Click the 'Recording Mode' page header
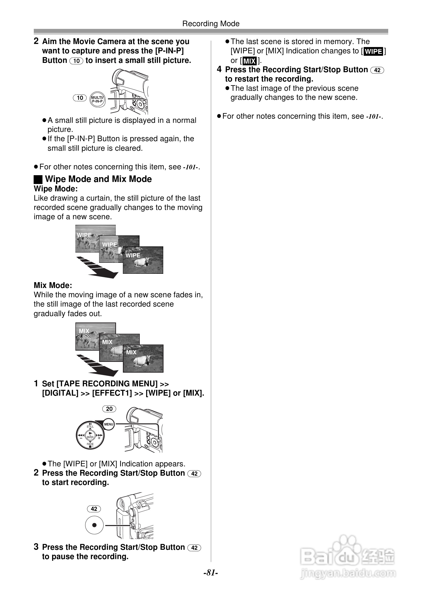[x=211, y=24]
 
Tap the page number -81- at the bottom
[x=211, y=573]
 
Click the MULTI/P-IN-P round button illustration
[x=98, y=99]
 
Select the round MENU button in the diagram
[x=108, y=424]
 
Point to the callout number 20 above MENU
[x=109, y=409]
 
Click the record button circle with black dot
[x=94, y=525]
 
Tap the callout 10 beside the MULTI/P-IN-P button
[x=80, y=98]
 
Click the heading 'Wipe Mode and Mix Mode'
[x=98, y=179]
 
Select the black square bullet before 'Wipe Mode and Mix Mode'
[x=38, y=179]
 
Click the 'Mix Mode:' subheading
[x=53, y=285]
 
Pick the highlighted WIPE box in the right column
[x=374, y=51]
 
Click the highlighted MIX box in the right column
[x=249, y=61]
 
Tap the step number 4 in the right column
[x=219, y=69]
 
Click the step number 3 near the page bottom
[x=36, y=547]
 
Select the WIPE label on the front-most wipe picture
[x=133, y=255]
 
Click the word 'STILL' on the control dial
[x=90, y=426]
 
